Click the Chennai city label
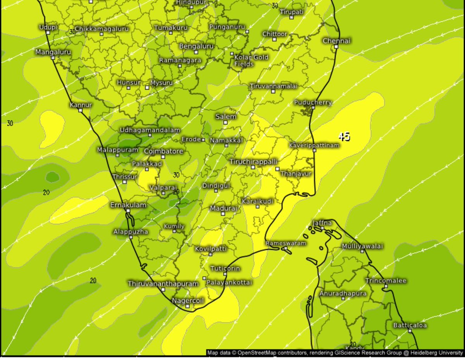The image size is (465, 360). tap(336, 41)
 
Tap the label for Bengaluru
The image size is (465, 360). tap(196, 46)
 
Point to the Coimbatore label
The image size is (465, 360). tap(163, 151)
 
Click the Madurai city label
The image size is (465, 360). tap(223, 208)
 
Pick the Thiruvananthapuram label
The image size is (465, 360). tap(163, 284)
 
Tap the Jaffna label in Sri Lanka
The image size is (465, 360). tap(322, 223)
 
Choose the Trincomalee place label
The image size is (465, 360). tap(386, 281)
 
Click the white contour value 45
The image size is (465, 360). tap(344, 136)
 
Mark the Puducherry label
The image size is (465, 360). tap(313, 102)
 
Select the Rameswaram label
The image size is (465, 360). tap(286, 243)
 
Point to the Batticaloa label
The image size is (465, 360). tap(410, 325)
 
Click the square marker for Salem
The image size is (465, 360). tap(225, 122)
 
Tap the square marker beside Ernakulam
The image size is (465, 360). tap(128, 210)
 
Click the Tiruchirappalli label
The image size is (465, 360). tap(253, 161)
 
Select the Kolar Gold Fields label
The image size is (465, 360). tap(251, 60)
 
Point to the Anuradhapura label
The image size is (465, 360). tap(343, 293)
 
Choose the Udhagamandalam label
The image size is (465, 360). tap(150, 130)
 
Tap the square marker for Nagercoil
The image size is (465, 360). tap(188, 306)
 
